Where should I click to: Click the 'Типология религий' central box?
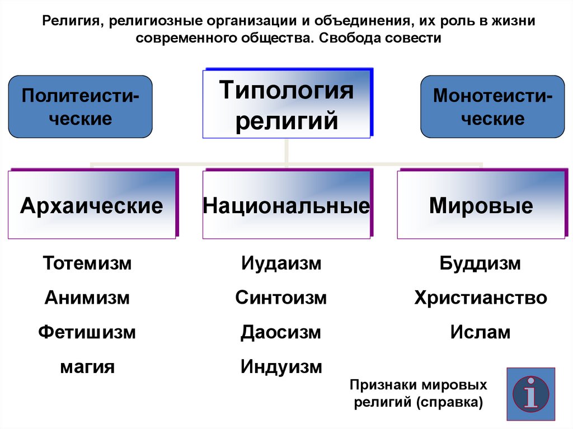286,104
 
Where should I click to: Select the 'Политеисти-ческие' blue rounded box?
80,106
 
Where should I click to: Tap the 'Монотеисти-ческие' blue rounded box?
492,106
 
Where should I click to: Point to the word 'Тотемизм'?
87,263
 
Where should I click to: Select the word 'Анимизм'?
87,298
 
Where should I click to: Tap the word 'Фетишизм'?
87,332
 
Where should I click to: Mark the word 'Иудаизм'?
281,263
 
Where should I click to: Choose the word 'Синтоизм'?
281,298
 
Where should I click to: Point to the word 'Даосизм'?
281,332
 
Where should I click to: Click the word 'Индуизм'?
281,367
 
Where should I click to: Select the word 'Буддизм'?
480,263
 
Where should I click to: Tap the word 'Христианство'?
481,298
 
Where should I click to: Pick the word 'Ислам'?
480,332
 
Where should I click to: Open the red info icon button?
530,394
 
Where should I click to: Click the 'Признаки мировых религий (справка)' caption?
418,394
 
